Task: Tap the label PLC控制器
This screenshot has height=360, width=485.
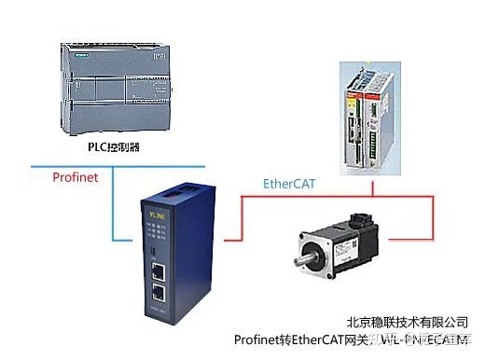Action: (x=116, y=145)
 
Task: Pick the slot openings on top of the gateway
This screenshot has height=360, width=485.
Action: (x=178, y=190)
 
